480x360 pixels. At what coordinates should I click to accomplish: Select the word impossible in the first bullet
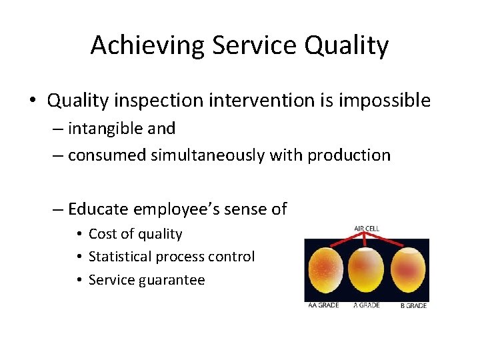(x=385, y=101)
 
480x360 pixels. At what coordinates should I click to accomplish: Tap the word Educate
(x=99, y=209)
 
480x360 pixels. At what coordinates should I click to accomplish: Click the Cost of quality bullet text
(x=135, y=233)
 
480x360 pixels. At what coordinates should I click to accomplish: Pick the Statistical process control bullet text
(x=171, y=257)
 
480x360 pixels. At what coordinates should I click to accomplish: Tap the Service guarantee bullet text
(x=147, y=280)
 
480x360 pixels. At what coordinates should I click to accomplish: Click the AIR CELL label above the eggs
(x=366, y=228)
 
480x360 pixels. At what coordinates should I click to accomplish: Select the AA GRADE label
(x=323, y=305)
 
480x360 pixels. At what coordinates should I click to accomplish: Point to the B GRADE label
(x=413, y=305)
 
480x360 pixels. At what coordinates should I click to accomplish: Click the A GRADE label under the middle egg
(x=367, y=305)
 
